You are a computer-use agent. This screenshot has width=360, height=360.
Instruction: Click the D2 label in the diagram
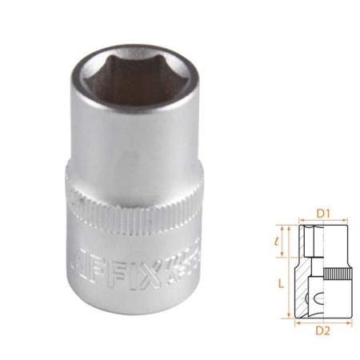click(323, 327)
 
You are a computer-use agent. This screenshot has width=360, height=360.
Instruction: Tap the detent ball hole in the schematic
click(317, 295)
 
